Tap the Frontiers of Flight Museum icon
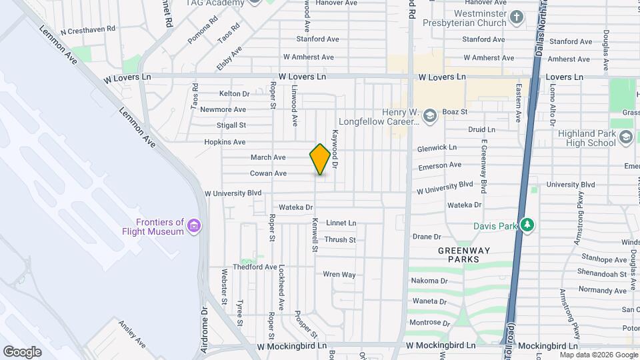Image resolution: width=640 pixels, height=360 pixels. [x=194, y=226]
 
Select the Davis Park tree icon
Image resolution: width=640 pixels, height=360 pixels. [x=527, y=225]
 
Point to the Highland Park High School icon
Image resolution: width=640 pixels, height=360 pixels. [x=625, y=137]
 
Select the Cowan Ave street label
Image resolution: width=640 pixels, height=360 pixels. [x=268, y=173]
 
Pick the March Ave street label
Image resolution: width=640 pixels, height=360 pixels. [x=268, y=157]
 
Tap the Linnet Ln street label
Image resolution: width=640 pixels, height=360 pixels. [x=341, y=223]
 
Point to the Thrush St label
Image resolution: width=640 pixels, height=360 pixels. [x=339, y=239]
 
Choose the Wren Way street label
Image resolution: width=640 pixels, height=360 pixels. [x=339, y=274]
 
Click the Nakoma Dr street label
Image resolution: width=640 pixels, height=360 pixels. [x=429, y=281]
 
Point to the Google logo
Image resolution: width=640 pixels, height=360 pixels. [x=22, y=351]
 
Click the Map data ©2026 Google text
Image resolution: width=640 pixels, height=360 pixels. [x=599, y=355]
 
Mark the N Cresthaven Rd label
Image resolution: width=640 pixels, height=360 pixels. [x=88, y=30]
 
